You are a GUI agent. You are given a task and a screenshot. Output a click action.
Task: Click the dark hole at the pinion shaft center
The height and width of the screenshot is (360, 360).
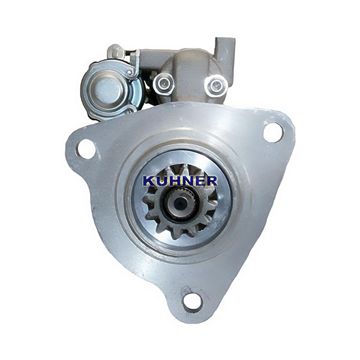coord(179,203)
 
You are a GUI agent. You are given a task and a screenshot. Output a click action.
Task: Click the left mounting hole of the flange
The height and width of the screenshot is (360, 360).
coord(86,149)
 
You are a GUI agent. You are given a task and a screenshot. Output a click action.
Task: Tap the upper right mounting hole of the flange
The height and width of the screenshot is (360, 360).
coord(273,133)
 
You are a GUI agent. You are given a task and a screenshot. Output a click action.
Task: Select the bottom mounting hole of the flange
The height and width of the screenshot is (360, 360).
coord(193,302)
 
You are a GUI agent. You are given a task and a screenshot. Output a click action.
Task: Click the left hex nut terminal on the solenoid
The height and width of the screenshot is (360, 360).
coord(163,83)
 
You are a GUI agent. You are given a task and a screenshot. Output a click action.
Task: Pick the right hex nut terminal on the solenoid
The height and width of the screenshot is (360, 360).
coord(216,85)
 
